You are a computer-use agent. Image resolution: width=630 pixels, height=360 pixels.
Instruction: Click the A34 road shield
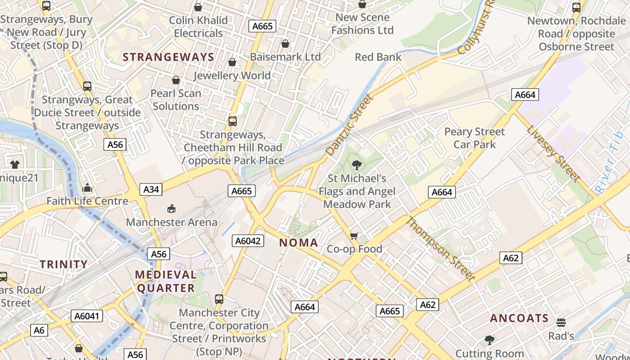[151, 189]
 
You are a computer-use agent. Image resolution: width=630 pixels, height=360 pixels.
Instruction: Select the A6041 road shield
[88, 316]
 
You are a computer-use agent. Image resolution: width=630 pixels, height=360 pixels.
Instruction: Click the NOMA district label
[299, 243]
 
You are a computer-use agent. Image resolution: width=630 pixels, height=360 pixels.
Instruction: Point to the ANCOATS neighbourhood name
[519, 318]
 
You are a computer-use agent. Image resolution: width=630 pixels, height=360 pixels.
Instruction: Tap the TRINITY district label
[63, 264]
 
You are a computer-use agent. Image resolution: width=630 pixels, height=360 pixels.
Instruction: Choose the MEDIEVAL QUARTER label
[166, 281]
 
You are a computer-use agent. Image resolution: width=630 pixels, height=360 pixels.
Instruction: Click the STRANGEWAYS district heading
[168, 57]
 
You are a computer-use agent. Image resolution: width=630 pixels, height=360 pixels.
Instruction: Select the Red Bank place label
[378, 57]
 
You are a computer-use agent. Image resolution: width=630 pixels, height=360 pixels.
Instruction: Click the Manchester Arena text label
[171, 222]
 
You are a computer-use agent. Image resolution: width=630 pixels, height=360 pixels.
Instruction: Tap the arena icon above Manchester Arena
[171, 208]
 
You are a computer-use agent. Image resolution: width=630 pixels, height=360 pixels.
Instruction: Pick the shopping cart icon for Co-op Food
[354, 236]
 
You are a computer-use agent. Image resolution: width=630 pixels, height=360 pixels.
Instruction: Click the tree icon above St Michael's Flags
[357, 165]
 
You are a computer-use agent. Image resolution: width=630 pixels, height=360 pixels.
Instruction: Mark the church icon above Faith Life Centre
[87, 187]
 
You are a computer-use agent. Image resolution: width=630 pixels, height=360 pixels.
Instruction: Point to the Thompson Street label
[441, 248]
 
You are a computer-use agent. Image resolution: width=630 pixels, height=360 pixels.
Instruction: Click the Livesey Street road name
[553, 153]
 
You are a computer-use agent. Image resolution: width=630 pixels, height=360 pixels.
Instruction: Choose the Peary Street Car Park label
[474, 138]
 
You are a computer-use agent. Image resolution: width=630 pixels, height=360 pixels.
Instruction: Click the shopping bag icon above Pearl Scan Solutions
[176, 80]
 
